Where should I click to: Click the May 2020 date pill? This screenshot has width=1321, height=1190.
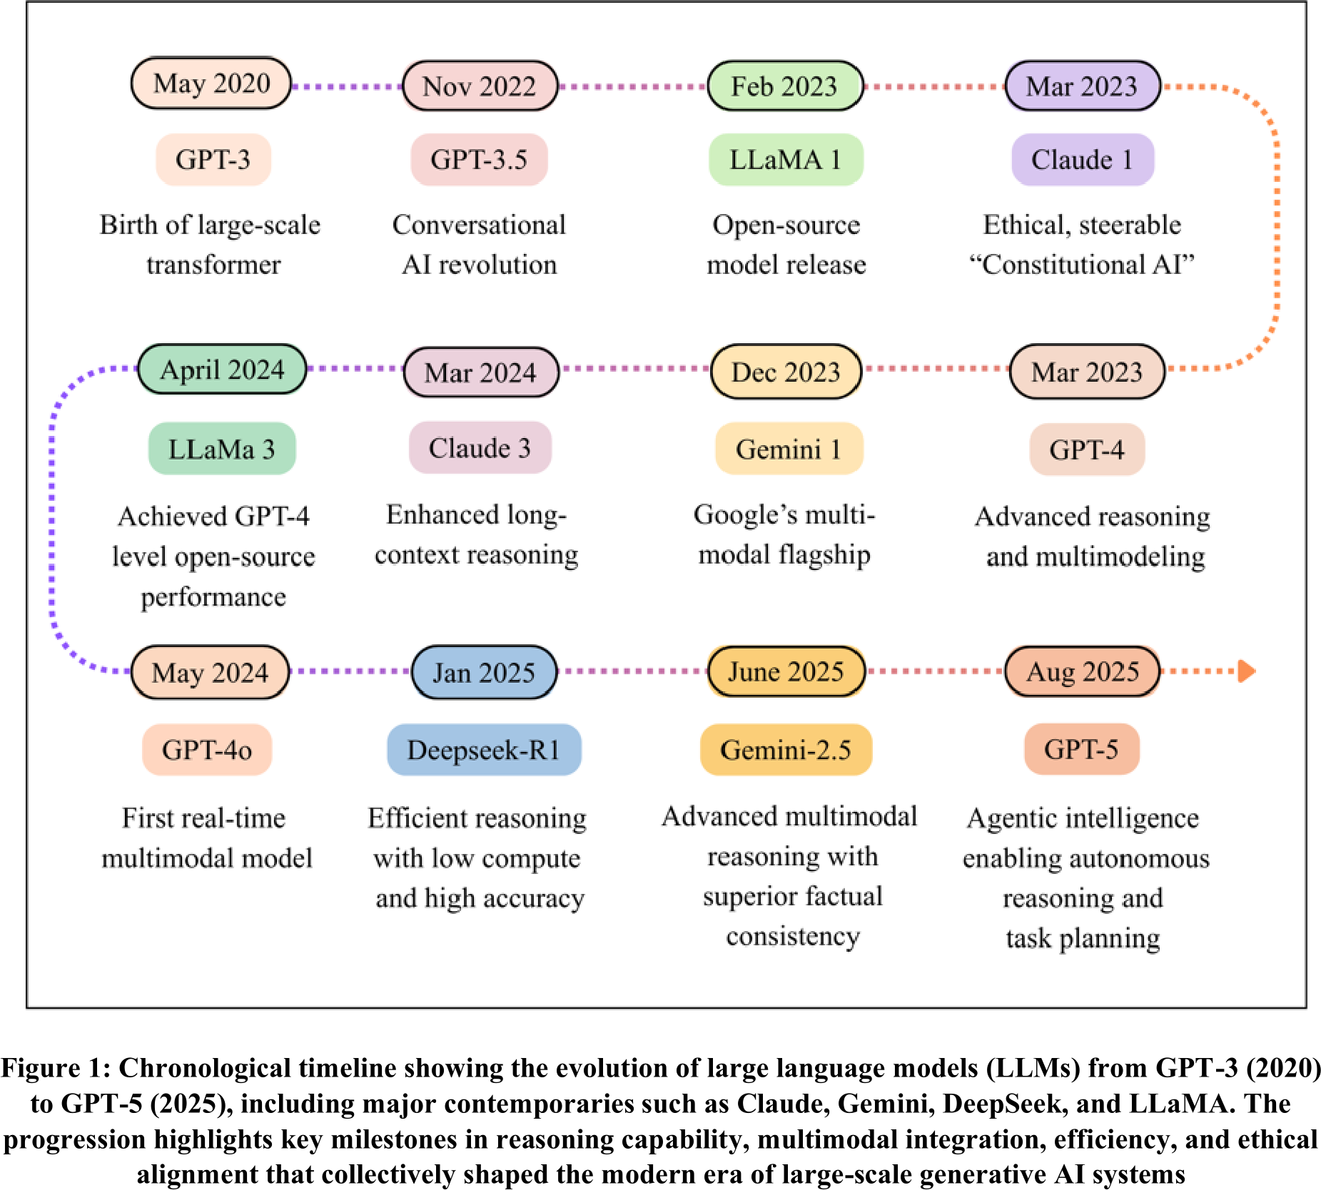pos(211,83)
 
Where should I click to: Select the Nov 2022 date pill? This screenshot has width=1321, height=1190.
pos(480,86)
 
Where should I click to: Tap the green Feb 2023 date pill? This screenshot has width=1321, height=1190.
pos(785,86)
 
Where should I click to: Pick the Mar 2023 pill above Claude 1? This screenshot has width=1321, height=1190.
pos(1083,86)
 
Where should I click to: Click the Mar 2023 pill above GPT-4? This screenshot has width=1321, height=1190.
pos(1087,372)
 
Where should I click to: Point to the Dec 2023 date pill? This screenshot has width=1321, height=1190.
pos(786,372)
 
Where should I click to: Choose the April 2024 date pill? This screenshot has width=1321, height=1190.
pos(222,370)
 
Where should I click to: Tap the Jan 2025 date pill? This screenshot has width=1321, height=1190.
pos(484,672)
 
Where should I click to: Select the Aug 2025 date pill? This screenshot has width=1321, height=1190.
pos(1083,671)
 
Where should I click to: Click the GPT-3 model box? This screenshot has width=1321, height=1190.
pos(213,160)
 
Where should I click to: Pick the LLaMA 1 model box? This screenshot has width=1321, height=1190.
pos(786,160)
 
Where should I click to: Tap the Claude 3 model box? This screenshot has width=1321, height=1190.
pos(480,448)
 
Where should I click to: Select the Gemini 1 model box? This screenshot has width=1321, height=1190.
pos(789,449)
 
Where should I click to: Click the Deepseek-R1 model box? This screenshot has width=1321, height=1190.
pos(484,750)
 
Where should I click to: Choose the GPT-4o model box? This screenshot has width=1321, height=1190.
pos(207,750)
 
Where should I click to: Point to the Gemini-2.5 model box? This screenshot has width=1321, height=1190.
pos(786,750)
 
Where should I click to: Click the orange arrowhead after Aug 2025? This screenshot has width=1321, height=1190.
pos(1247,671)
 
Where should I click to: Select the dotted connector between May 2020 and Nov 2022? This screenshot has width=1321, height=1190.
pos(348,86)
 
